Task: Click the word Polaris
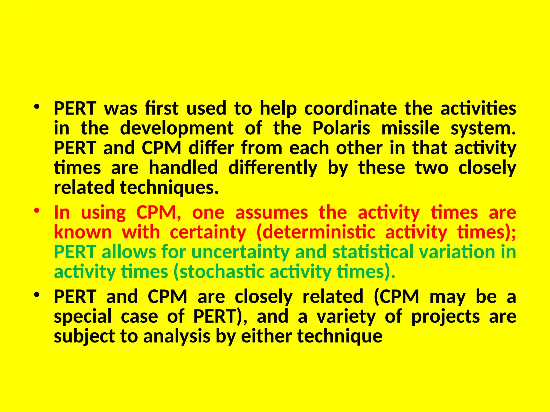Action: point(341,128)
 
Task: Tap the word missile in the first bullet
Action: point(410,128)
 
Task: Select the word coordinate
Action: point(350,109)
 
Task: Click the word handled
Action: point(183,168)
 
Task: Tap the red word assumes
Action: point(271,212)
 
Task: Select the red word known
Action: point(83,232)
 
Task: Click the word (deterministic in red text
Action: point(316,232)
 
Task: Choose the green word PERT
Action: point(75,252)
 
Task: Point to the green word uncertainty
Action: point(240,252)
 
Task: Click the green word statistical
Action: point(372,252)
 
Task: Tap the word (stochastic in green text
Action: point(219,272)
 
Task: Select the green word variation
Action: point(457,252)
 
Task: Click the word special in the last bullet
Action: point(83,317)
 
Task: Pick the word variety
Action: point(346,317)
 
